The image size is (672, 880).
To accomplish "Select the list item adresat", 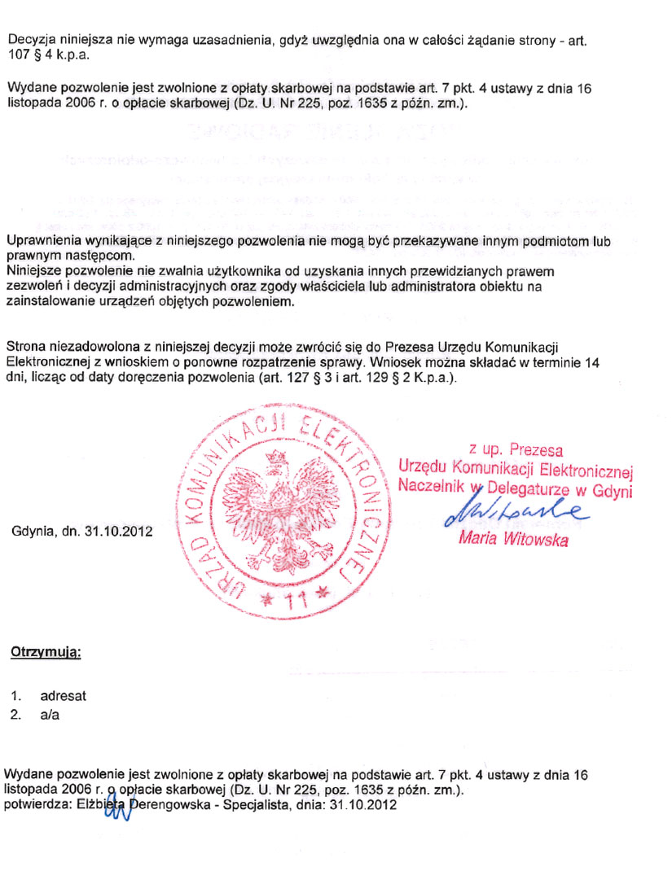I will (x=63, y=697).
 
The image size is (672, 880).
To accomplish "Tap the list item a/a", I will (x=50, y=716).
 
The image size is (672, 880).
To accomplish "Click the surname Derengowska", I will (x=166, y=805).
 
